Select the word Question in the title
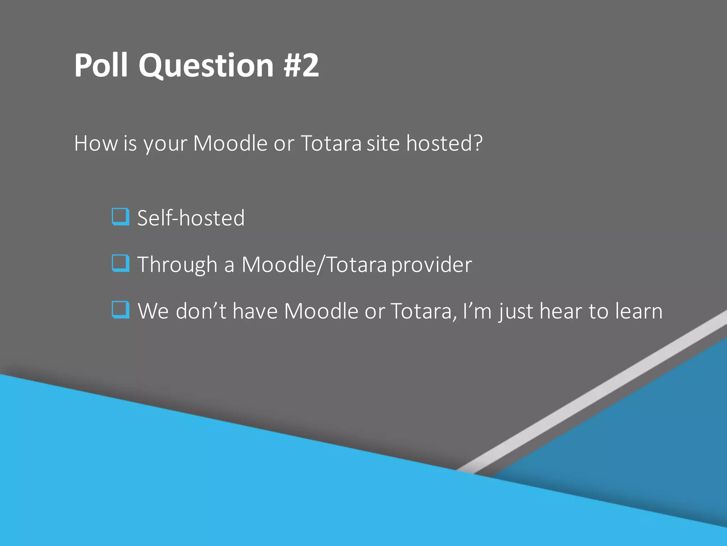(x=206, y=66)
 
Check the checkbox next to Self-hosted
(x=120, y=216)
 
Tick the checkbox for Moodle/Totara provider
(x=120, y=263)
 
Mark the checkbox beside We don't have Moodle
(x=120, y=310)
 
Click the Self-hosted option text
(x=191, y=218)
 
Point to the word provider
(x=432, y=265)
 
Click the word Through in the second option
(x=177, y=265)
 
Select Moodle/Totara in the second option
(x=314, y=265)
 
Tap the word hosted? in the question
(x=444, y=143)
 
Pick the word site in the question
(x=383, y=143)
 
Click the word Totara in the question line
(x=331, y=143)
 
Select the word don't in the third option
(x=201, y=311)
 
